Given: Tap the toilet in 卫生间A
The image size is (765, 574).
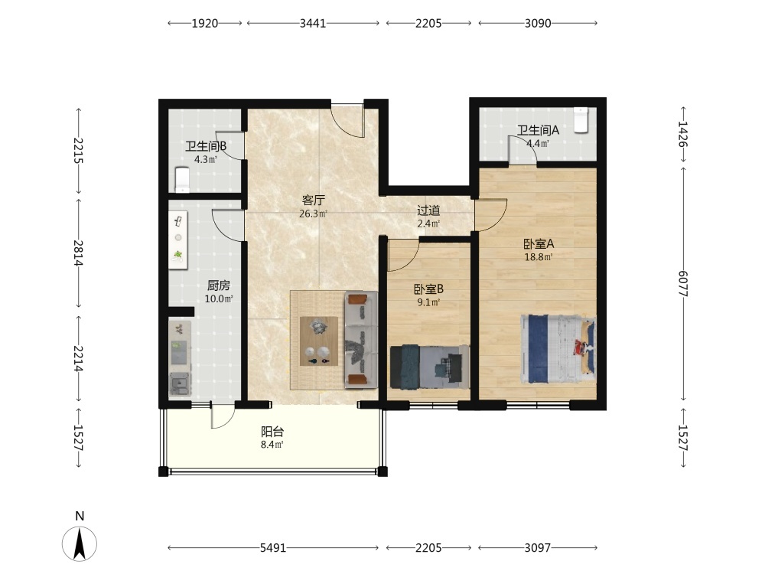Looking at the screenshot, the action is click(581, 119).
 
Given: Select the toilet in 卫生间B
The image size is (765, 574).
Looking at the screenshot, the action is click(182, 180).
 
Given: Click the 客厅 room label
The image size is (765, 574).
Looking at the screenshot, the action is click(313, 200).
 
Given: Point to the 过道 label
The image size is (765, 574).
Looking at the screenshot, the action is click(428, 211).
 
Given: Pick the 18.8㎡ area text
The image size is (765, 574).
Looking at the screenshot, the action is click(538, 257).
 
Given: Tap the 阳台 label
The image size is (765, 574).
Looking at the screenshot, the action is click(272, 432).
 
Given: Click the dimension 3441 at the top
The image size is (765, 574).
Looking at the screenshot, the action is click(313, 23).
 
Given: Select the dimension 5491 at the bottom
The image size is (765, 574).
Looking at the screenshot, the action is click(273, 548).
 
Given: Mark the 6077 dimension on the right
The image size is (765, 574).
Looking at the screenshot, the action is click(682, 284).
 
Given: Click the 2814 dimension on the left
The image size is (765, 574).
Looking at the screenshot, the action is click(78, 253).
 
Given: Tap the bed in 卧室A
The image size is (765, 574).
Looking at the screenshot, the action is click(558, 349).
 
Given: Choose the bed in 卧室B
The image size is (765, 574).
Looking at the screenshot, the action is click(429, 367).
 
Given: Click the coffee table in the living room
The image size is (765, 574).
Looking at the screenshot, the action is click(319, 341).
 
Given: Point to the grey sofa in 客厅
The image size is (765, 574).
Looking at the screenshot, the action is click(361, 340).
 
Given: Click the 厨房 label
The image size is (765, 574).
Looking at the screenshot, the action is click(219, 285).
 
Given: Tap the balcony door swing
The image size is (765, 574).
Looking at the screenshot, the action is click(223, 416).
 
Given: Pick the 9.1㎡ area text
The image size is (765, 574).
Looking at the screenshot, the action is click(428, 302).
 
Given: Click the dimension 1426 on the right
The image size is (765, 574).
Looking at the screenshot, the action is click(682, 134).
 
